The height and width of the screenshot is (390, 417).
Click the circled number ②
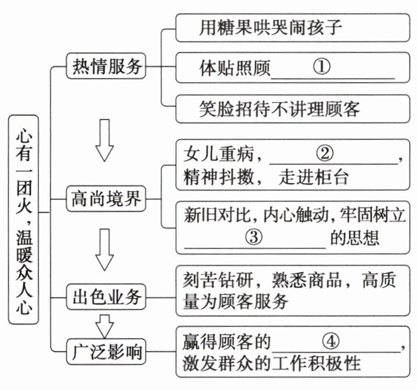325,153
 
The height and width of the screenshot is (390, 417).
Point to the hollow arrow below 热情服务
105,140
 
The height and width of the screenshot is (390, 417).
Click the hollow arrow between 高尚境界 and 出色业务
105,250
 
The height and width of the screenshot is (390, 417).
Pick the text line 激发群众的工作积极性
272,364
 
